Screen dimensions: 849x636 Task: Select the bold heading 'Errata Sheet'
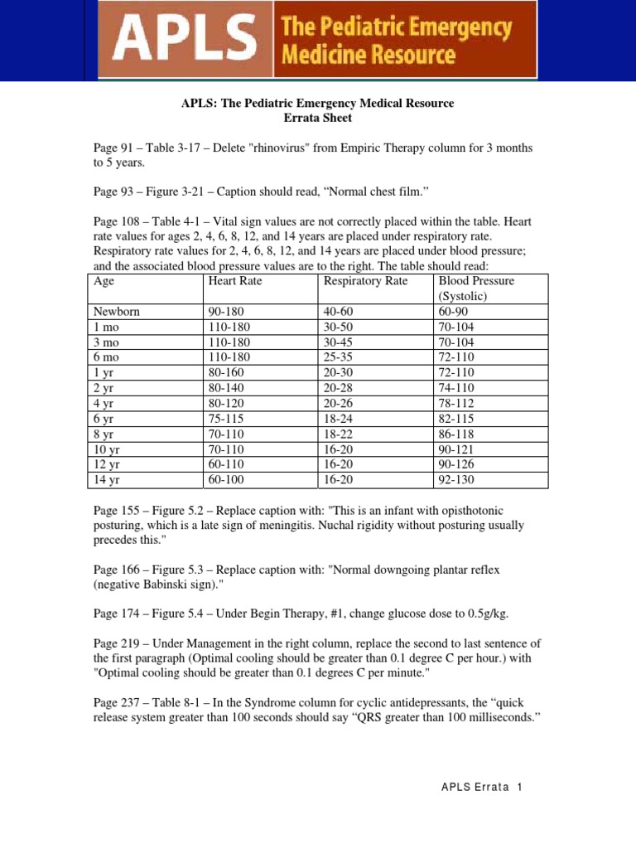click(318, 119)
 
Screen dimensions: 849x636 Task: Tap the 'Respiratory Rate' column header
click(365, 281)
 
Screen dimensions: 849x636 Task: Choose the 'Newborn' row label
click(117, 312)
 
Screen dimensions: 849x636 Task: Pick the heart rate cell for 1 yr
click(227, 373)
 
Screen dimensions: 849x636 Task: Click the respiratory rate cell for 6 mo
click(340, 357)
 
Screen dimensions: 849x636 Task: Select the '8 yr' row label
click(104, 434)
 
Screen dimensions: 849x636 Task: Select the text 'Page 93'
click(113, 191)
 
